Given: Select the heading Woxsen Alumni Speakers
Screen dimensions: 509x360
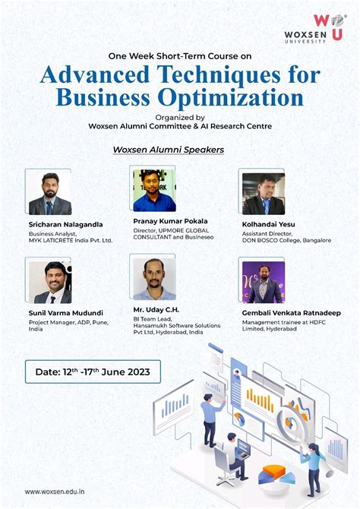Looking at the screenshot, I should coord(168,150).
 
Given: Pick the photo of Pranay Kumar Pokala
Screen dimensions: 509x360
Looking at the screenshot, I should coord(154,191).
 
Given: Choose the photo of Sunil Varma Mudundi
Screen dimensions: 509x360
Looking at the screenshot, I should coord(49,281).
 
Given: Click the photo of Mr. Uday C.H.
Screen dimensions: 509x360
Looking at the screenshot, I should coord(154,278).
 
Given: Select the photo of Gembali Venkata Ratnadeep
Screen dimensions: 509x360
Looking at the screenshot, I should coord(263,280).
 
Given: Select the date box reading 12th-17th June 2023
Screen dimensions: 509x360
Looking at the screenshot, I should coord(93,372).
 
